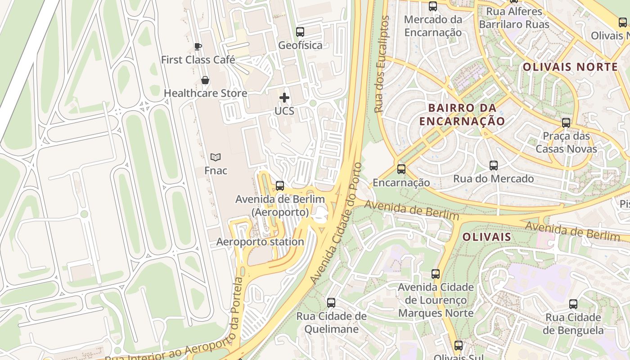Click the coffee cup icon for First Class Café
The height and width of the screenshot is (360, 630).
click(x=198, y=46)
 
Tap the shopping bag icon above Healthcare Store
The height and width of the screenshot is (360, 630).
click(x=205, y=80)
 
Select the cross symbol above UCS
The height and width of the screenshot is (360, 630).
click(x=284, y=97)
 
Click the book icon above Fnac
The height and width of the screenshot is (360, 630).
click(x=216, y=157)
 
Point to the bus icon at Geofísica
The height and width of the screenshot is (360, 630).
click(x=300, y=32)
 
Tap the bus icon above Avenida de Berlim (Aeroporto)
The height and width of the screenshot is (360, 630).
click(x=280, y=185)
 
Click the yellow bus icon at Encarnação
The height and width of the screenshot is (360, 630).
click(x=401, y=169)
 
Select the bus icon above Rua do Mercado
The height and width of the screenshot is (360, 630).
click(x=494, y=166)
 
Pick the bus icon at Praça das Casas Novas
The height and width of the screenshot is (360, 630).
click(x=566, y=122)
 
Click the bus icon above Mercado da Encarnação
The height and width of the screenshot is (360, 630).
click(x=433, y=6)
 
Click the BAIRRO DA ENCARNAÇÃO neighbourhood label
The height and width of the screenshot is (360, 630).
click(x=462, y=114)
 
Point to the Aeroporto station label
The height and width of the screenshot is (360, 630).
click(x=260, y=242)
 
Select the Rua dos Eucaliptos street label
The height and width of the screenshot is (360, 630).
click(x=382, y=64)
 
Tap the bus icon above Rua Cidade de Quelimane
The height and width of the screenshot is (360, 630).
click(x=331, y=302)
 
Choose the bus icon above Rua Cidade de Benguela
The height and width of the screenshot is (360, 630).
click(x=573, y=304)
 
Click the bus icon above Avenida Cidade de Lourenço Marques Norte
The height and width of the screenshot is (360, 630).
click(x=436, y=274)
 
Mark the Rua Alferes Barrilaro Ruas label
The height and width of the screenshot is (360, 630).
click(x=514, y=18)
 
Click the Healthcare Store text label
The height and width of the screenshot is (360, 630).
click(x=205, y=93)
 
